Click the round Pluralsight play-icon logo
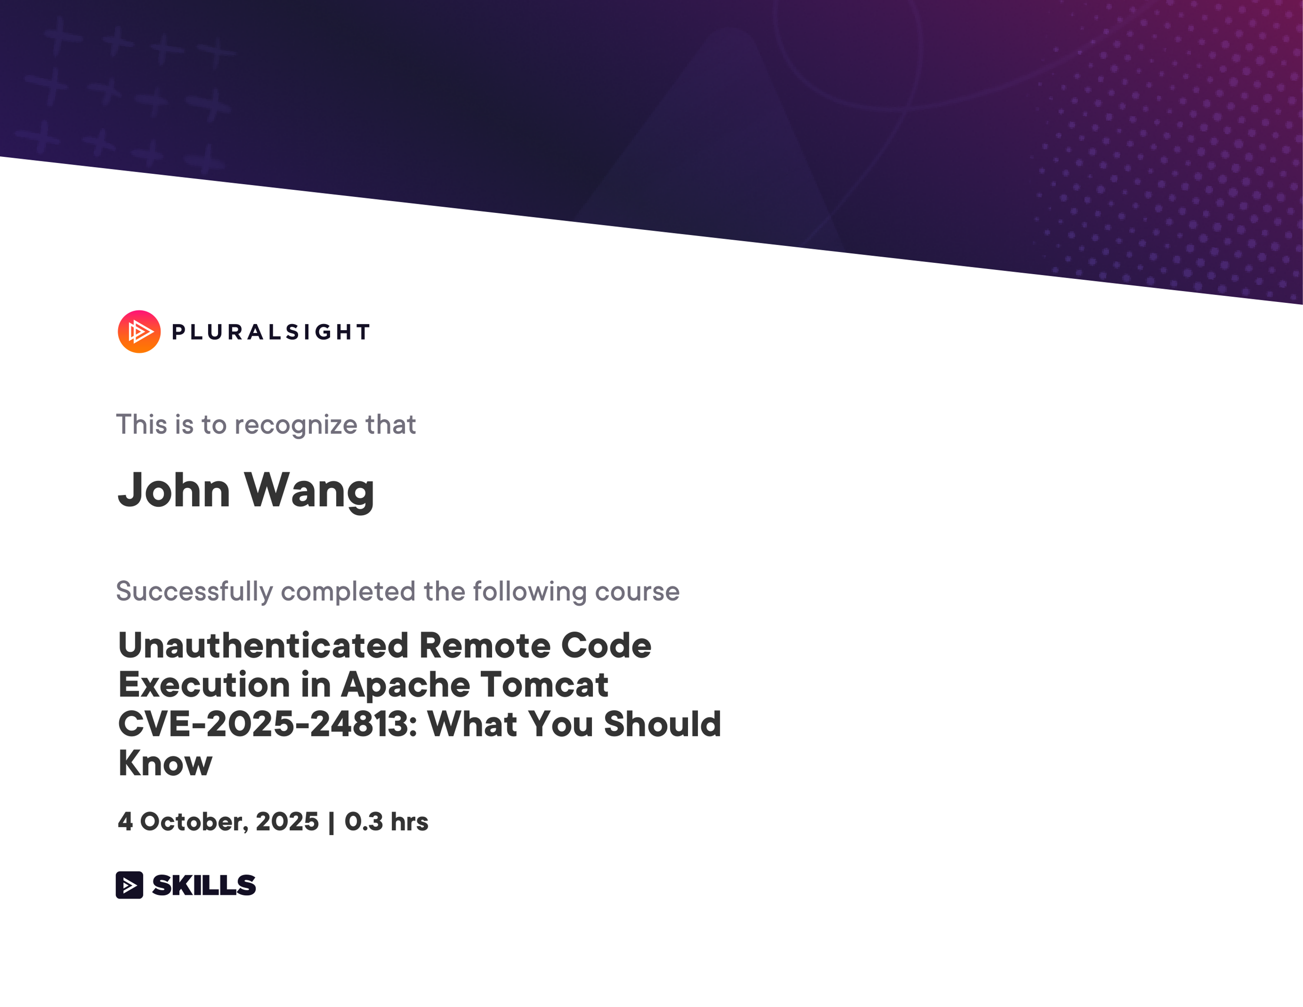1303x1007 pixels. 139,332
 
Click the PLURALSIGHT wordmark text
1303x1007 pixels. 271,332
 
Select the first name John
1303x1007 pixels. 174,490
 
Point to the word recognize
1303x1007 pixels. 296,425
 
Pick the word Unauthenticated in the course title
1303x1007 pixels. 264,646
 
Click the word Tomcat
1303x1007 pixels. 544,684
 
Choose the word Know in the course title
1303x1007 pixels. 165,763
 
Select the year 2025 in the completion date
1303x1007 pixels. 287,821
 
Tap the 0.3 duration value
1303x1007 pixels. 364,821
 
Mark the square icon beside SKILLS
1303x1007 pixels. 129,884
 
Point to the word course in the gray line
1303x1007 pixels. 637,592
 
